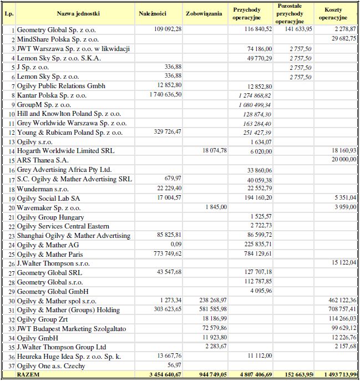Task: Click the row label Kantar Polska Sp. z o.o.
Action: [52, 95]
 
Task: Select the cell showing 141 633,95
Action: [297, 28]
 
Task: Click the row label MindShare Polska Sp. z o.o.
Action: [58, 39]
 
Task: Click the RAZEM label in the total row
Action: [30, 375]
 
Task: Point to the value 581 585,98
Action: [211, 310]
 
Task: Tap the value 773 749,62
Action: [167, 254]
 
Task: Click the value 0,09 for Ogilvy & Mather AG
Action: [175, 245]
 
